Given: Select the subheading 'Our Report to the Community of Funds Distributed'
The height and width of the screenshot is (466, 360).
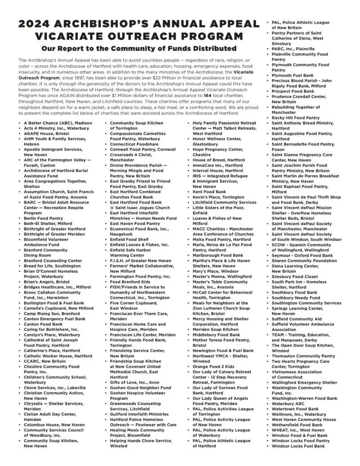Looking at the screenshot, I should click(x=139, y=48).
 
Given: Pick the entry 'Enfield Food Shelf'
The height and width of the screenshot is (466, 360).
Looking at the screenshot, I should click(x=130, y=240).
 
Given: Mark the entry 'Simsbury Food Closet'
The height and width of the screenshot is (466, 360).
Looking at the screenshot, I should click(x=295, y=276).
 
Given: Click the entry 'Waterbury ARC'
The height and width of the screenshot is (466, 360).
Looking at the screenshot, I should click(x=288, y=403).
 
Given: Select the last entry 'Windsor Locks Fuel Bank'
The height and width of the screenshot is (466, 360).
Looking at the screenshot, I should click(x=298, y=446).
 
